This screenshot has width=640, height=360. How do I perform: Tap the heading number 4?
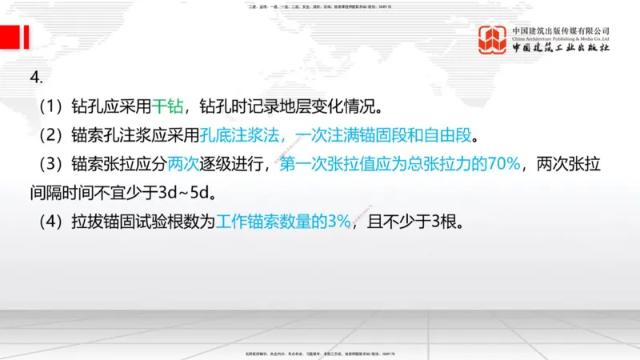pyautogui.click(x=35, y=77)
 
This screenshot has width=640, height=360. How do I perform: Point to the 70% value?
pyautogui.click(x=505, y=165)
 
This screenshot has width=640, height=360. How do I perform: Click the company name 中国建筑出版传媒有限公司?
pyautogui.click(x=561, y=30)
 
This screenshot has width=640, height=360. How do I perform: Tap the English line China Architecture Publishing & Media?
pyautogui.click(x=561, y=38)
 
